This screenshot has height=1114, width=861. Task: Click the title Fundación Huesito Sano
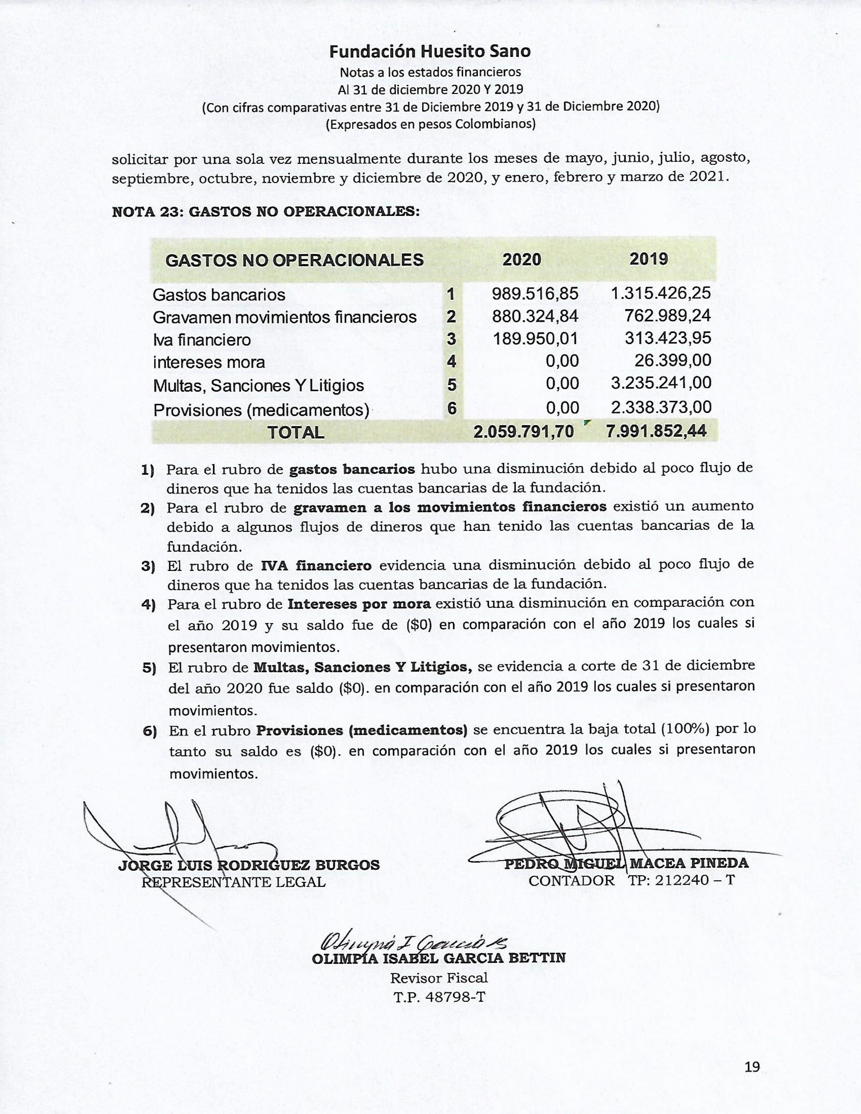[429, 52]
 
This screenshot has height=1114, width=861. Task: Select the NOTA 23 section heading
[266, 212]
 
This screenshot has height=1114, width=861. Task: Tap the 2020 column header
[521, 260]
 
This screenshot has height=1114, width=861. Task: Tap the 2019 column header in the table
[648, 259]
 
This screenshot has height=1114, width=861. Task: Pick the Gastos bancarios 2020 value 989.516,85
[535, 294]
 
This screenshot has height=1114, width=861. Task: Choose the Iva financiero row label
[202, 339]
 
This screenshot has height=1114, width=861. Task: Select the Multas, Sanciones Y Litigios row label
[259, 385]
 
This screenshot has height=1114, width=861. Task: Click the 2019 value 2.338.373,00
[661, 407]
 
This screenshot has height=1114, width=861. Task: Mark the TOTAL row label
[296, 432]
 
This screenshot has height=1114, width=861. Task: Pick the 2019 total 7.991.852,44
[656, 431]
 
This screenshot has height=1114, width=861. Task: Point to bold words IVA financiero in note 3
[316, 565]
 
